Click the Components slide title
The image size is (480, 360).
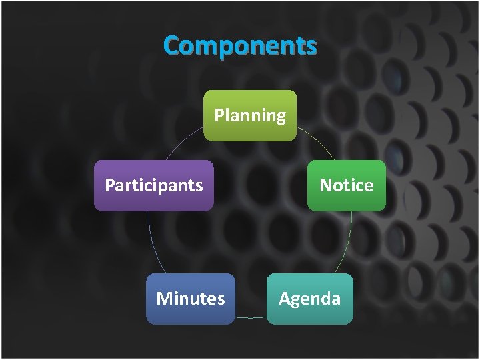[240, 46]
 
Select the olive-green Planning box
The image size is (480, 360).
[249, 115]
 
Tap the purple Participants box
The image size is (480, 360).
[153, 185]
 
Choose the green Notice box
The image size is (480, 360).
[346, 185]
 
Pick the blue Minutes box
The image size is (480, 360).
[190, 299]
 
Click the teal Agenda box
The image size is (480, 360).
[309, 299]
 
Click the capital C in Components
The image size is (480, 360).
[171, 47]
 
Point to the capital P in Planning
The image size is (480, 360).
[219, 115]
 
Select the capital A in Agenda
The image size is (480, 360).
[285, 299]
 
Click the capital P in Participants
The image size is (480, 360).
[109, 185]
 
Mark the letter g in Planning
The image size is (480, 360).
[280, 118]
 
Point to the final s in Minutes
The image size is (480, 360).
[221, 300]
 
